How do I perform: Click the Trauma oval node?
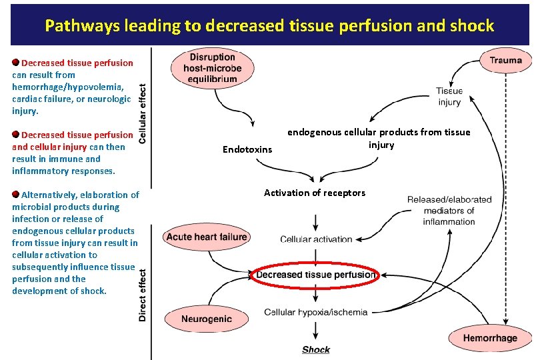tap(505, 60)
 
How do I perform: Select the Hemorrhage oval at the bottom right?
tap(490, 338)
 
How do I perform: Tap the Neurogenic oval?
tap(207, 319)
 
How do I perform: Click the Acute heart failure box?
tap(207, 237)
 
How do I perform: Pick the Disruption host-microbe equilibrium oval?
tap(213, 68)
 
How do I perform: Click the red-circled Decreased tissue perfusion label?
tap(315, 275)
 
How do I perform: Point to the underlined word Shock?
tap(316, 349)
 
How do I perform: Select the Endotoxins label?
tap(247, 149)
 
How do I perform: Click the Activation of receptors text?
tap(315, 193)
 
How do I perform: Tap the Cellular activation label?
tap(316, 239)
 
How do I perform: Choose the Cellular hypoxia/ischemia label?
tap(315, 312)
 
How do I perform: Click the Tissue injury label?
tap(449, 97)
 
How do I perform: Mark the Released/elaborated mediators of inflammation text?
tap(449, 210)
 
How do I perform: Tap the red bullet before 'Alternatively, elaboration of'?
tap(16, 195)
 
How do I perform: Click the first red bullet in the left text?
tap(16, 63)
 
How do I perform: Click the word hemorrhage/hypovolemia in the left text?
tap(68, 87)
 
